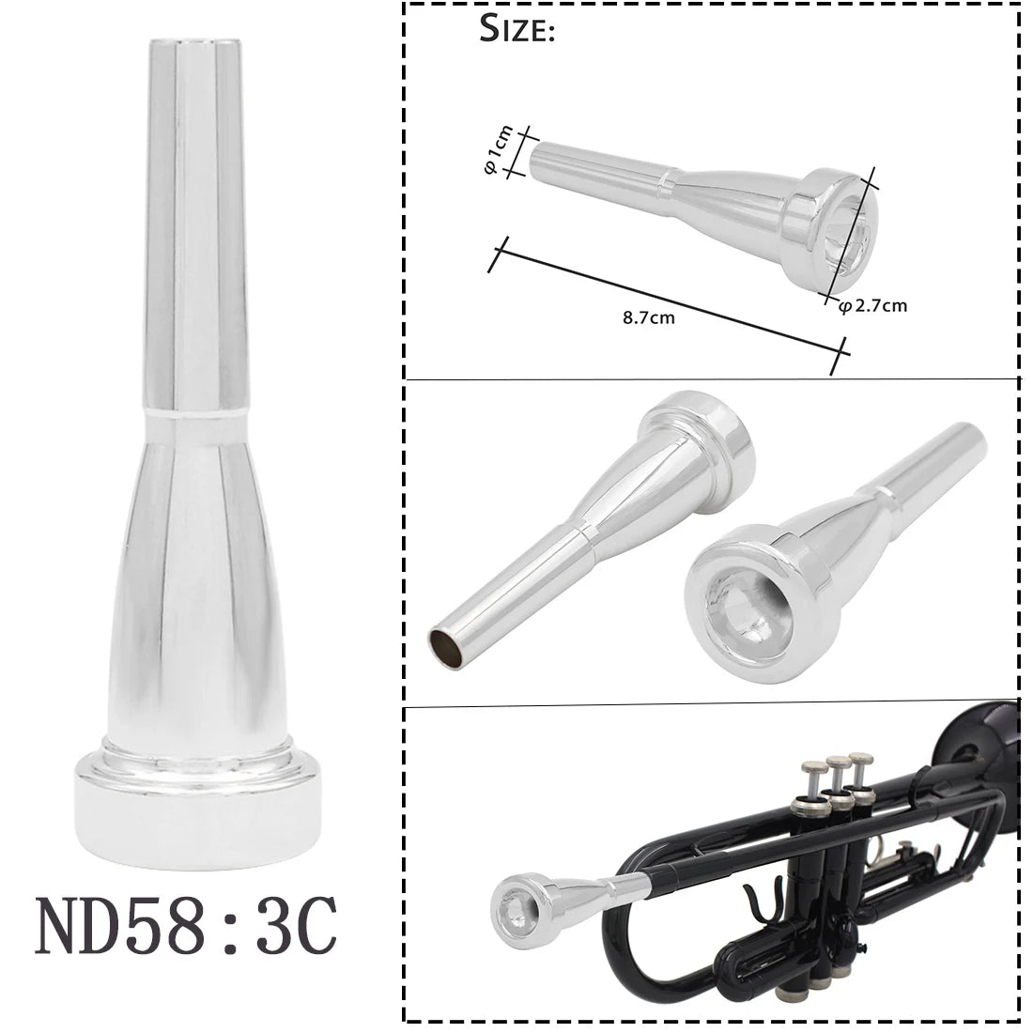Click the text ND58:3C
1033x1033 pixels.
[184, 926]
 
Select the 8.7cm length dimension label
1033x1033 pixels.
[648, 316]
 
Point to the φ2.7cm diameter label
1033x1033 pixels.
[872, 304]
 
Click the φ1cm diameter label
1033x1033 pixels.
[502, 150]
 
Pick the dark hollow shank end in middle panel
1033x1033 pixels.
[443, 648]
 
